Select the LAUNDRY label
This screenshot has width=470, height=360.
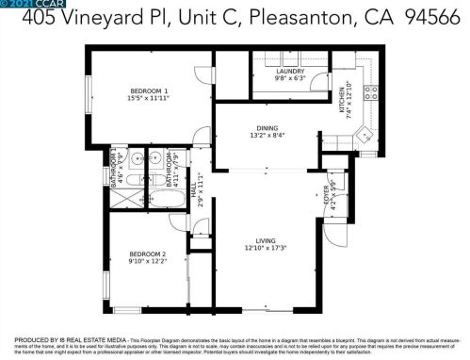pos(288,72)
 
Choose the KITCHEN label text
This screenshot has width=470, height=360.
pos(341,100)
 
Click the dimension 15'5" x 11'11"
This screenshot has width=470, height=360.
pos(148,97)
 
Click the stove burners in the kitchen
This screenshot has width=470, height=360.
pos(370,92)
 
